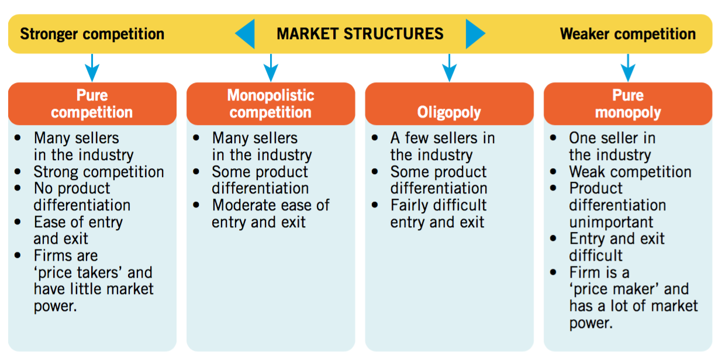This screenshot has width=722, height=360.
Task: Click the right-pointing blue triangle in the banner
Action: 475,34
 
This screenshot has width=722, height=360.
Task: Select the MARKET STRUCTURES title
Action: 360,34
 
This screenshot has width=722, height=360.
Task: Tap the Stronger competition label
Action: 92,34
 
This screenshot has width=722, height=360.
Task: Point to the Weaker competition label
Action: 628,34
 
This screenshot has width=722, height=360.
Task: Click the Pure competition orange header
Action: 92,104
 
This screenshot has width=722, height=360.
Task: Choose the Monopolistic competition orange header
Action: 271,104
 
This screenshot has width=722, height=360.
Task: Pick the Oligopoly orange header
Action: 450,104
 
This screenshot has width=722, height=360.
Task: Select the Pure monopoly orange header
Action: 628,104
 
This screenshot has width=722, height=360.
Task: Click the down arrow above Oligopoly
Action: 450,68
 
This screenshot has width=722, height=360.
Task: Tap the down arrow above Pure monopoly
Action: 628,68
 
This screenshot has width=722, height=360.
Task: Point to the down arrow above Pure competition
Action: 92,68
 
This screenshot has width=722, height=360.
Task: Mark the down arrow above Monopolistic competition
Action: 271,68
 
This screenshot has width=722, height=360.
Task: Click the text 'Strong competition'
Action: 99,172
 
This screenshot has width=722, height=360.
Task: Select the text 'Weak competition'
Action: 630,172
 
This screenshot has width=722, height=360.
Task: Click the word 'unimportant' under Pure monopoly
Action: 611,223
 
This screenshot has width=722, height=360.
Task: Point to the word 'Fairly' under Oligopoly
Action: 414,206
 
